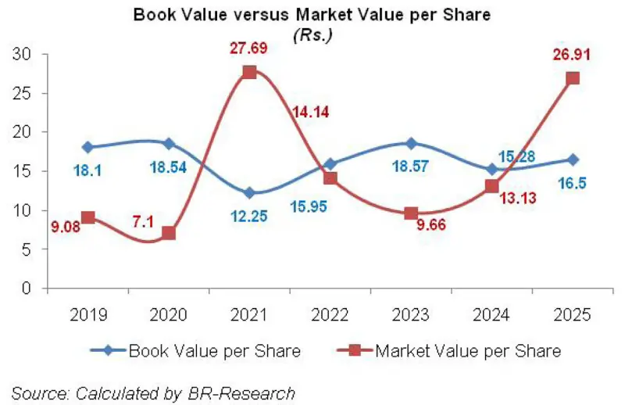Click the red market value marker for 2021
click(x=249, y=72)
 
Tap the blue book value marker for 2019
click(x=87, y=147)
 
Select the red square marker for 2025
click(x=573, y=78)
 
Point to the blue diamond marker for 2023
click(x=411, y=143)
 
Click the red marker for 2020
click(x=168, y=233)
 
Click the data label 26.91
click(x=573, y=56)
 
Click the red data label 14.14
click(x=311, y=112)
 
